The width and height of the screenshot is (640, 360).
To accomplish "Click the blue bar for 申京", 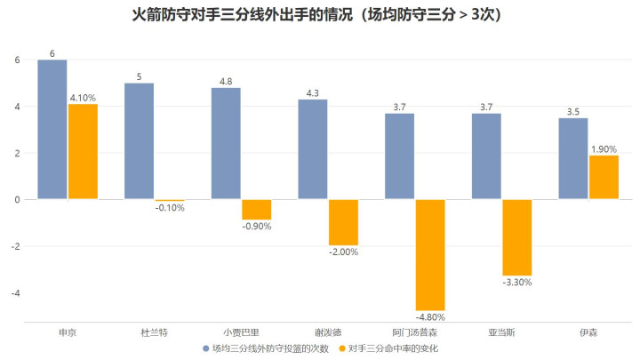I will point(52,130).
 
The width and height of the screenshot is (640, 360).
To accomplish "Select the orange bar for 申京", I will point(83,152).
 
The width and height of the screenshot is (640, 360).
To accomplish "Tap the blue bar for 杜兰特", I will point(139,141).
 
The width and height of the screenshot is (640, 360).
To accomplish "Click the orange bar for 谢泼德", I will point(343,222).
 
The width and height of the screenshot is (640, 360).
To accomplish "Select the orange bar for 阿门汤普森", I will point(430,255).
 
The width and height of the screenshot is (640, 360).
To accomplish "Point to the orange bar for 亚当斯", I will point(517,237).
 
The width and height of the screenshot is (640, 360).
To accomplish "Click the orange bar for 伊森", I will point(604,178).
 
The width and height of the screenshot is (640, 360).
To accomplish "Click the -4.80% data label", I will point(430,317).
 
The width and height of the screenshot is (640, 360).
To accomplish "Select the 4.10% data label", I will point(83,98).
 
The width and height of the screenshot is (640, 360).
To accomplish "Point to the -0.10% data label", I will point(169,208).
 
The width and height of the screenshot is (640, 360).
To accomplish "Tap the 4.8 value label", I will point(226,82).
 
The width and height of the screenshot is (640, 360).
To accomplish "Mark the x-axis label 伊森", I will point(588,332).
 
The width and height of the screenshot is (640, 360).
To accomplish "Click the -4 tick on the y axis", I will point(14,292).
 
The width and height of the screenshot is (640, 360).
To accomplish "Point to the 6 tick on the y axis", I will point(17,60).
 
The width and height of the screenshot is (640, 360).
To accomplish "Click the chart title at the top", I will point(319,15).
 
